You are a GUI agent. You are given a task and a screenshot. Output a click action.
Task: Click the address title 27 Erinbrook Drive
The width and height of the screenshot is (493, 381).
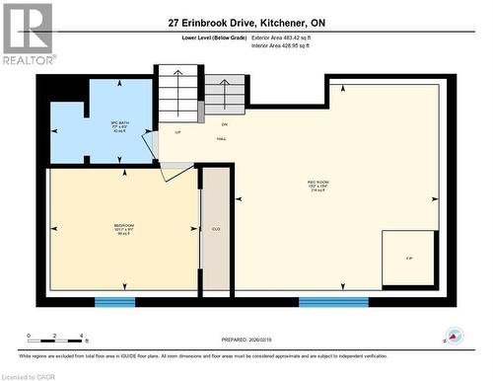pyautogui.click(x=246, y=22)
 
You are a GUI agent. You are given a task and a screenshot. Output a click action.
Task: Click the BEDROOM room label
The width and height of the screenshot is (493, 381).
pyautogui.click(x=123, y=230)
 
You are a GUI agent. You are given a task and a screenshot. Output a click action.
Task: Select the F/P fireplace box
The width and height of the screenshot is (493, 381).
pyautogui.click(x=408, y=259)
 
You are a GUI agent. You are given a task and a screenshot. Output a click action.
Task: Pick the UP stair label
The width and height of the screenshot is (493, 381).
pyautogui.click(x=177, y=131)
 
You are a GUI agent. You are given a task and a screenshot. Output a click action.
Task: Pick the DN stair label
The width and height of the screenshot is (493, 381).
pyautogui.click(x=224, y=124)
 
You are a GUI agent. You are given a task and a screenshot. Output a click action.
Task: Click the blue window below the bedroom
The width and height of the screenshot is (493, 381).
pyautogui.click(x=114, y=300)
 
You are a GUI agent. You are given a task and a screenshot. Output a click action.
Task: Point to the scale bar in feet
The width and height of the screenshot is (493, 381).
pyautogui.click(x=57, y=336)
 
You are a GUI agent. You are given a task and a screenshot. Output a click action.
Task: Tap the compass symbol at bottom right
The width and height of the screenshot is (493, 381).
pyautogui.click(x=454, y=336)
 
